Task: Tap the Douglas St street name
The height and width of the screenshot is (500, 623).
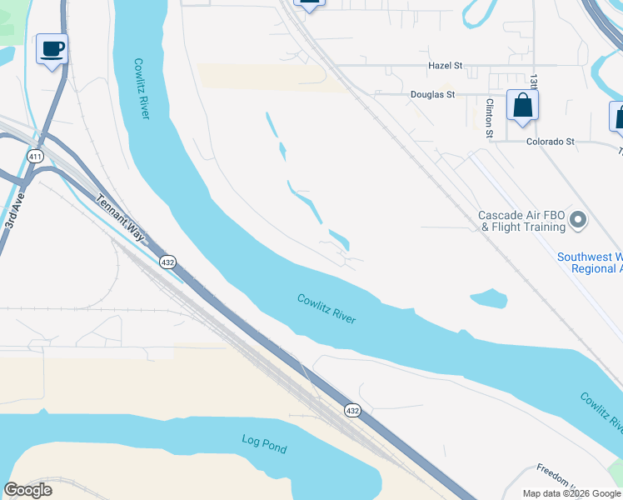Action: [432, 95]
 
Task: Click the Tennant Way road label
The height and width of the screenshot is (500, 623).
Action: [121, 219]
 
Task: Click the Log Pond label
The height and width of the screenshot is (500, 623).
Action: [264, 443]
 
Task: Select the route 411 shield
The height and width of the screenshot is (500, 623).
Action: [35, 156]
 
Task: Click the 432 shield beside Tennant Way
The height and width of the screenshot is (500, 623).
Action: [168, 262]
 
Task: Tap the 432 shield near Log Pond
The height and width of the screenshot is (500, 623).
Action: [352, 410]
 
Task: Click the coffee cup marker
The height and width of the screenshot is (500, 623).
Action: [52, 50]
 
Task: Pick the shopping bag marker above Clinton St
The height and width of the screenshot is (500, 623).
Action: [522, 107]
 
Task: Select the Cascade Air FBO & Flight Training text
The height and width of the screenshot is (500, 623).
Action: [521, 221]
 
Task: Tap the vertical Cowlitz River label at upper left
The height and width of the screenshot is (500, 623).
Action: [141, 87]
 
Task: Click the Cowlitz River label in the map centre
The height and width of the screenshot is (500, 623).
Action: [326, 309]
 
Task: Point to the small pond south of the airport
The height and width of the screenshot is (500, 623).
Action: [489, 297]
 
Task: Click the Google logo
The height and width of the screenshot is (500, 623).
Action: [27, 490]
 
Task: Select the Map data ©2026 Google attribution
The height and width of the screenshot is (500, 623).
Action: [571, 493]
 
